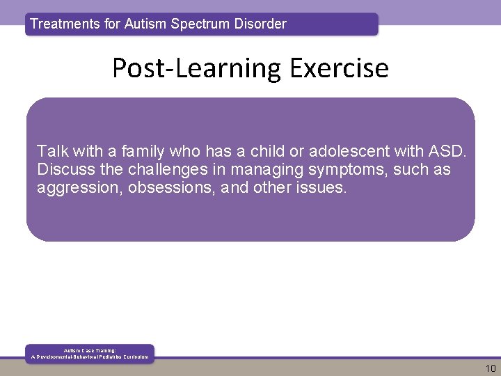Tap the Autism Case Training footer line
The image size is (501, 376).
[90, 350]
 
